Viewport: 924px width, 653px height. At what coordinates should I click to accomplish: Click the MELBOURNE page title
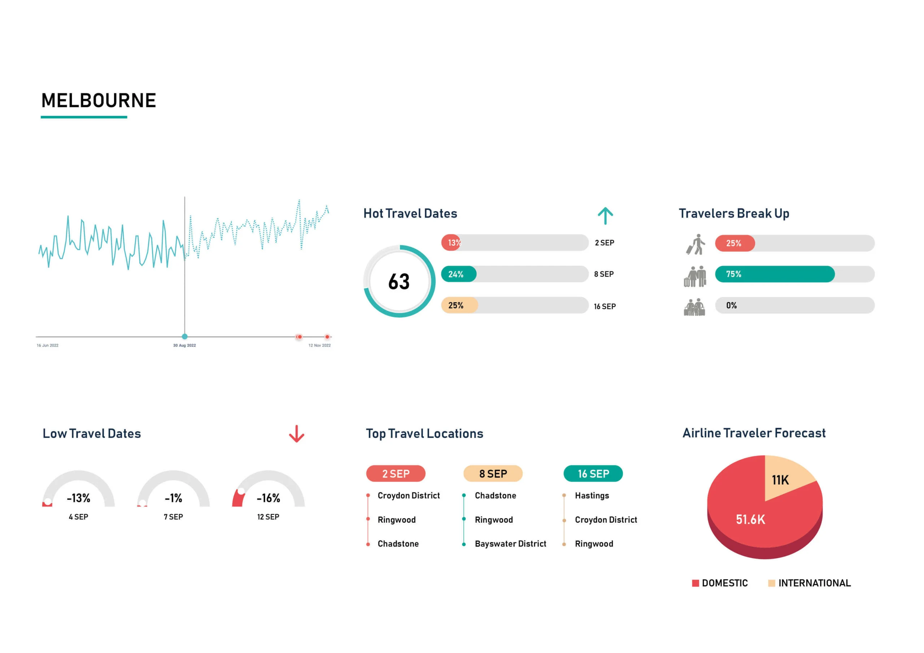99,101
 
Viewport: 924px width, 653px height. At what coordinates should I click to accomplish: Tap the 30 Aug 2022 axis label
184,345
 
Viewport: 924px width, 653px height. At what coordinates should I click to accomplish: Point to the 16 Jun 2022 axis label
48,345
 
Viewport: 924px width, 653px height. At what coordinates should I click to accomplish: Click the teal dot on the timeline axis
184,336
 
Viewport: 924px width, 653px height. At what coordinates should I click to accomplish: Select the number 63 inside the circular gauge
399,282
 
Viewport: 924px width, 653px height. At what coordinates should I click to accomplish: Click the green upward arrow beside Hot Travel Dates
605,216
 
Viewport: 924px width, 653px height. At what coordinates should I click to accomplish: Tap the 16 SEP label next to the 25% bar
605,307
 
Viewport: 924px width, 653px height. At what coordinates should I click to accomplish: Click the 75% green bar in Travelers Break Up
774,274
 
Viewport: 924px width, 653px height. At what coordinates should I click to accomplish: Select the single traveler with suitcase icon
696,244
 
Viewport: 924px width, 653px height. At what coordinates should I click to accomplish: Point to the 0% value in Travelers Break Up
731,305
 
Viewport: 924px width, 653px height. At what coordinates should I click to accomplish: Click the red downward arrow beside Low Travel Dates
297,434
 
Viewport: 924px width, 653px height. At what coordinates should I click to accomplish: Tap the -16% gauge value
269,498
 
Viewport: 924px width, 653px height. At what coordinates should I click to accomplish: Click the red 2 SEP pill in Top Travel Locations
396,474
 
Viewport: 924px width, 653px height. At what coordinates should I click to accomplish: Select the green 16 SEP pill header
593,474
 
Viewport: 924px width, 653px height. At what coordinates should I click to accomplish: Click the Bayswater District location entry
510,544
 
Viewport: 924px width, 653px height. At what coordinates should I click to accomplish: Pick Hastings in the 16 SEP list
592,495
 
